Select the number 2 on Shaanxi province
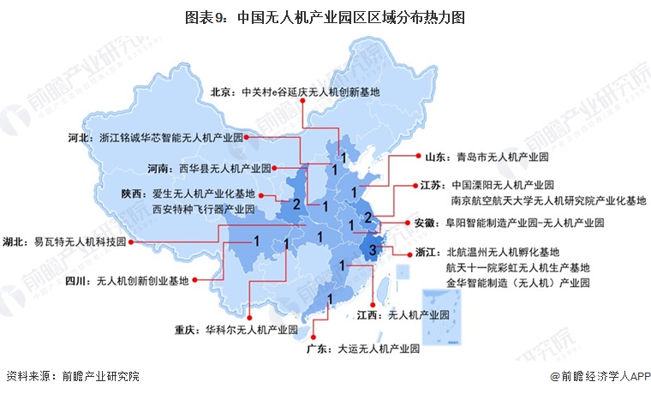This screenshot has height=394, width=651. [296, 205]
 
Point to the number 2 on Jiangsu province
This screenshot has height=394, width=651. [367, 216]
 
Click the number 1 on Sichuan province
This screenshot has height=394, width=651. [256, 242]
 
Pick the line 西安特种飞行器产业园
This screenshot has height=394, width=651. [203, 209]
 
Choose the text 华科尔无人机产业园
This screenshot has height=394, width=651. [249, 329]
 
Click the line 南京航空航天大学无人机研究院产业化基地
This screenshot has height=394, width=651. [548, 200]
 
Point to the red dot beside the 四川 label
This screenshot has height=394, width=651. [196, 279]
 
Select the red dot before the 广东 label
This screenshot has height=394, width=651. [314, 349]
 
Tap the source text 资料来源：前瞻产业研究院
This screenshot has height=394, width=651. [72, 376]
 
